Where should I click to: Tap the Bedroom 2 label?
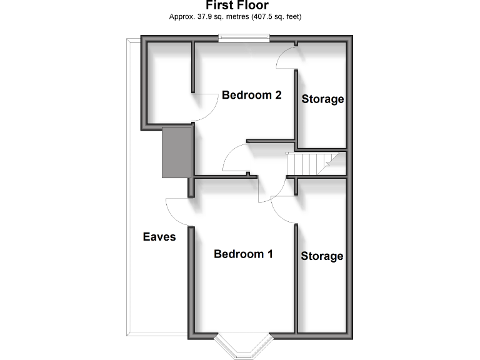coord(252,95)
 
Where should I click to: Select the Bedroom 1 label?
coord(244,254)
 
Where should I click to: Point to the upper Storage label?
coord(323,99)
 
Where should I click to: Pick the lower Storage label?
coord(322,256)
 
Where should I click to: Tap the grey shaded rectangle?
coord(176,151)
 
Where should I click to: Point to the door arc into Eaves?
coord(179,211)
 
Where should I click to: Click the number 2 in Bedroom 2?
coord(277,95)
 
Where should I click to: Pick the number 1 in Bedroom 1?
coord(270,254)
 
